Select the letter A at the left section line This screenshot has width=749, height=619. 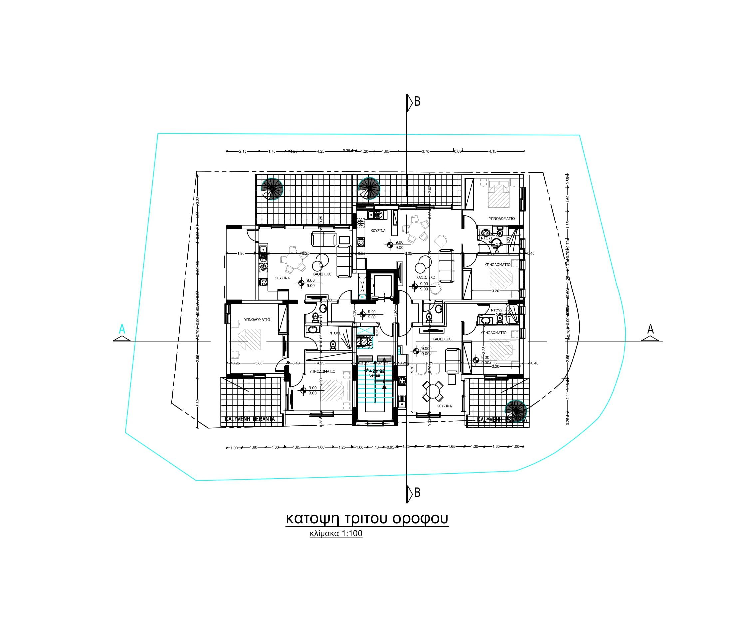pyautogui.click(x=122, y=329)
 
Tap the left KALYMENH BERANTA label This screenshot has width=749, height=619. pyautogui.click(x=250, y=419)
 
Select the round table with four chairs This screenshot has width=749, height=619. pyautogui.click(x=432, y=391)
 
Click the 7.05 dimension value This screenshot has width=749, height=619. pyautogui.click(x=409, y=253)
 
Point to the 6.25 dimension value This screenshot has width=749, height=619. pyautogui.click(x=305, y=253)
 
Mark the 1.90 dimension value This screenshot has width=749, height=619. pyautogui.click(x=241, y=253)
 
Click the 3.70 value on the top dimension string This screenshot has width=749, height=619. pyautogui.click(x=425, y=151)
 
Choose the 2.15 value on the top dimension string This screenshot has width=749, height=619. pyautogui.click(x=243, y=151)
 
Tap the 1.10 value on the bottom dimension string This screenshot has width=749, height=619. pyautogui.click(x=375, y=447)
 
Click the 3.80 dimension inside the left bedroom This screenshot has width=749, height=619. pyautogui.click(x=259, y=363)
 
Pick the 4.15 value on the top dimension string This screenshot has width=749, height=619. pyautogui.click(x=492, y=151)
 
